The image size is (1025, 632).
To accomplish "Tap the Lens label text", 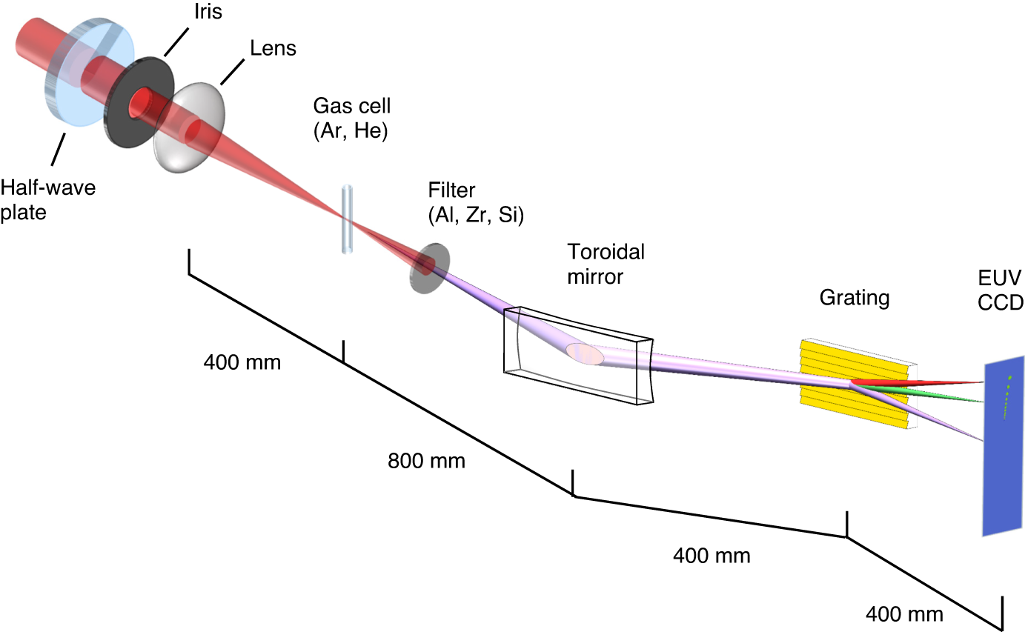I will (273, 49).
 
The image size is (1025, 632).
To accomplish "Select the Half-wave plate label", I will (48, 199).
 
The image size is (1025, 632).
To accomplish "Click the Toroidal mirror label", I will (606, 264).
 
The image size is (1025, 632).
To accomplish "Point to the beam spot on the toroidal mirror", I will (586, 354).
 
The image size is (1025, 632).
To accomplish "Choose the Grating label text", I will (854, 298).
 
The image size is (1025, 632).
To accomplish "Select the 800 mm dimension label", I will (426, 462).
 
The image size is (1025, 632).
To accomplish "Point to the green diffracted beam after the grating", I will (926, 394).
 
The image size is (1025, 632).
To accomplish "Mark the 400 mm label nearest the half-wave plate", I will (242, 362).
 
